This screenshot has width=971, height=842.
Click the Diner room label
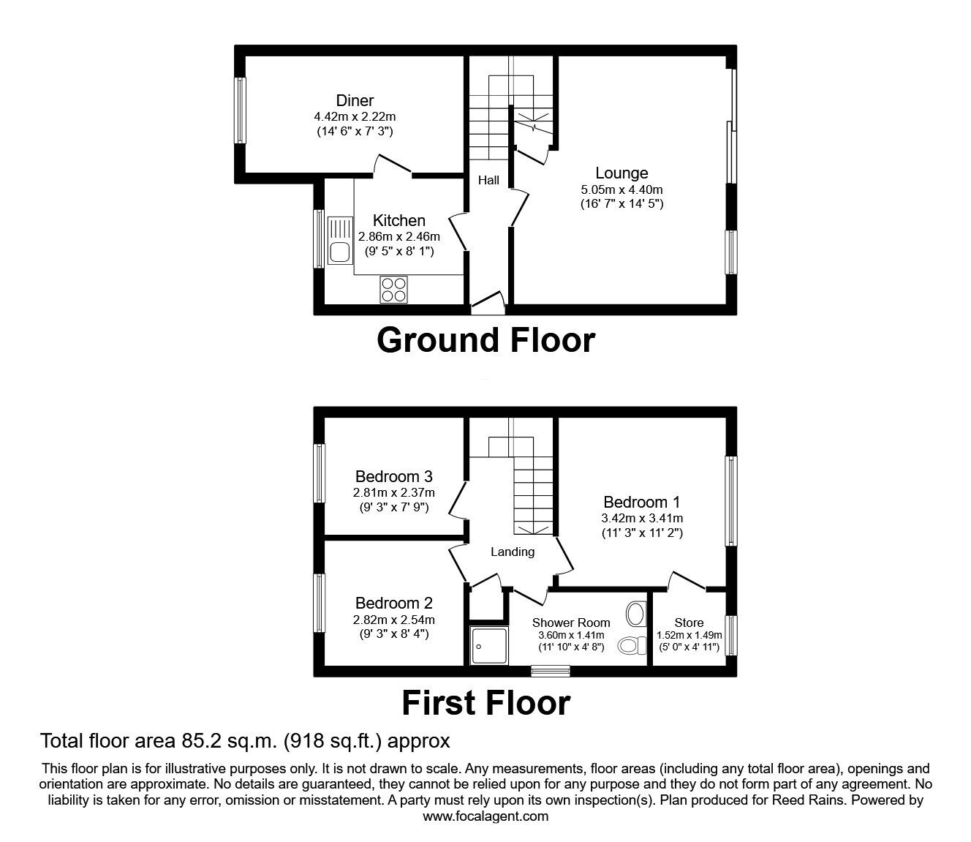355,101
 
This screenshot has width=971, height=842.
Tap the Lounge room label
621,173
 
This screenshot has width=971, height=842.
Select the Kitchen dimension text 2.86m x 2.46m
398,236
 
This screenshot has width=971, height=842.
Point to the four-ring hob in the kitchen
393,289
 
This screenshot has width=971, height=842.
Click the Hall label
488,180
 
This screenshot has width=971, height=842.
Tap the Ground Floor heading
485,340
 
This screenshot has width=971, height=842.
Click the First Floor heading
485,703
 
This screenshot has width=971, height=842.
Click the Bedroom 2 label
394,604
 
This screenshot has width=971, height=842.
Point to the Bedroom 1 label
641,503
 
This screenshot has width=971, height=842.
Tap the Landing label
512,552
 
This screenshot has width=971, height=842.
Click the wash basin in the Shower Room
635,613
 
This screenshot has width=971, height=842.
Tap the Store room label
689,623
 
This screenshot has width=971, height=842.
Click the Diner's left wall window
240,110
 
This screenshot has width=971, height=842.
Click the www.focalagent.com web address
485,816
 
